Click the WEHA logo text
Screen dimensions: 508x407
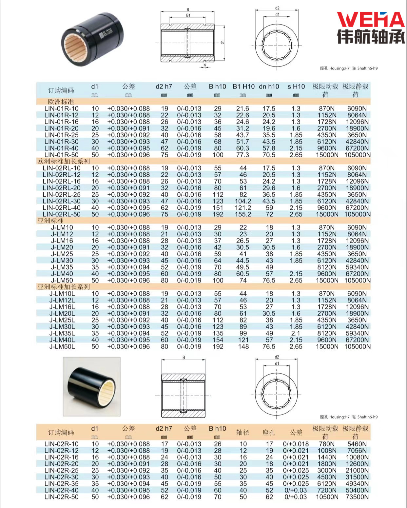click(371, 20)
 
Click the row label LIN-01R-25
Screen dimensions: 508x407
click(62, 135)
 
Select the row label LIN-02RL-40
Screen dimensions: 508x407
click(62, 208)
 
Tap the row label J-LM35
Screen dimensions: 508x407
click(62, 267)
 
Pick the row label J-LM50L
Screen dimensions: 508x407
click(62, 346)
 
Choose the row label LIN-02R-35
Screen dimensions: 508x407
click(62, 484)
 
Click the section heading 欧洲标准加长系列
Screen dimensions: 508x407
click(64, 161)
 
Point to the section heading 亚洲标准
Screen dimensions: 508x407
click(50, 221)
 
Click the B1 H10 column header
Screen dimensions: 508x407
click(243, 87)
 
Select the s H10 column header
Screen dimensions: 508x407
click(296, 87)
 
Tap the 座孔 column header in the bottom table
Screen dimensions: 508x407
click(269, 433)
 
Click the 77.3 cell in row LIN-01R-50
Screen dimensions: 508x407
click(243, 155)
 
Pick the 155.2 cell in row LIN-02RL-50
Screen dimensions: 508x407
click(243, 214)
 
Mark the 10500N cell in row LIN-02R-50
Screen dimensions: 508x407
click(327, 497)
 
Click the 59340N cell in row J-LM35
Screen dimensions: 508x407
click(357, 267)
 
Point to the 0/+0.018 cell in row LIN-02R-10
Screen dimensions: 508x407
click(296, 444)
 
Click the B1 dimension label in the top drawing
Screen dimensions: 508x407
click(188, 15)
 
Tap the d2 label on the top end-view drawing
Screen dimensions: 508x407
click(277, 8)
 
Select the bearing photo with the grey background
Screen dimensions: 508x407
click(91, 386)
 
